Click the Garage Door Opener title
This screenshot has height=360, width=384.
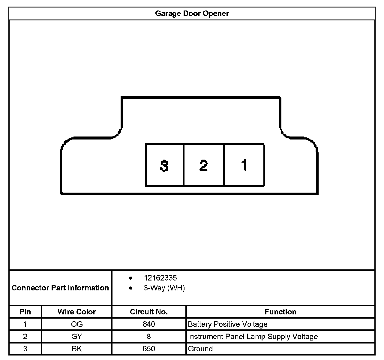tap(192, 13)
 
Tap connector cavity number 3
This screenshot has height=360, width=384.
tap(164, 165)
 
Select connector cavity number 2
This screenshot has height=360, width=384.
tap(204, 165)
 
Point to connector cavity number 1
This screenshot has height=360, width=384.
tap(244, 165)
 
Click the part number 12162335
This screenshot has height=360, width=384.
tap(160, 278)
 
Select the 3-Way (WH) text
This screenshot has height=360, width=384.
tap(164, 288)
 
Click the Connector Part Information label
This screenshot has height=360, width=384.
tap(60, 288)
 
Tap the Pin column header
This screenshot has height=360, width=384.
tap(25, 312)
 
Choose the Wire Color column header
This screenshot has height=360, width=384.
tap(76, 312)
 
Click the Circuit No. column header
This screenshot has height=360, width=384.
tap(149, 312)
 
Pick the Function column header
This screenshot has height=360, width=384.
tap(280, 312)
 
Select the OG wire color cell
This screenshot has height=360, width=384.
tap(77, 324)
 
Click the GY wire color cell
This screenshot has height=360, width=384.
tap(77, 337)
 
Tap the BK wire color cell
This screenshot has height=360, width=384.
tap(77, 349)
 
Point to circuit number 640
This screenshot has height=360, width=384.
tap(149, 324)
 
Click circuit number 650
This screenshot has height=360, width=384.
tap(149, 349)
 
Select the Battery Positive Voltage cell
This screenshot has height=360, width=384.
tap(227, 324)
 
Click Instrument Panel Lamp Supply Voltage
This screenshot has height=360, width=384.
tap(253, 337)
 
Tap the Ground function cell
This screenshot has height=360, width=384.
tap(200, 349)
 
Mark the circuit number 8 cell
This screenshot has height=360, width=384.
tap(149, 337)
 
